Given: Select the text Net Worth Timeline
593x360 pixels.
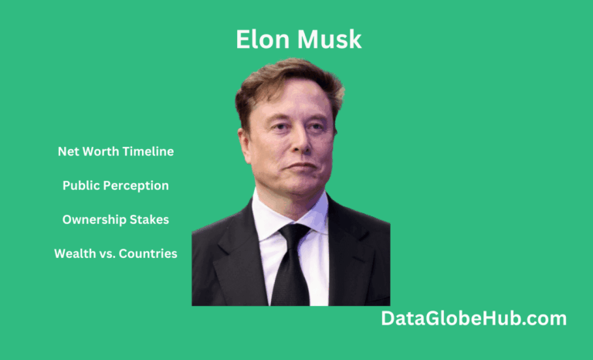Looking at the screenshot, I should (x=116, y=151).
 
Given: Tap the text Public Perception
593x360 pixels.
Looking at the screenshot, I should (x=116, y=185).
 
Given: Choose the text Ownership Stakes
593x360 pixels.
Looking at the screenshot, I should (x=116, y=219).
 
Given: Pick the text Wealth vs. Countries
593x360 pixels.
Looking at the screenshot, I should (x=116, y=253).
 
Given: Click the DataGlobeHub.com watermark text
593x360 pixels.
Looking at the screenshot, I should (x=474, y=318).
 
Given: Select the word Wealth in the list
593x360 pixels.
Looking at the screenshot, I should (x=74, y=253).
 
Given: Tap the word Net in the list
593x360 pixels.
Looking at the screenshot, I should (x=68, y=151).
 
